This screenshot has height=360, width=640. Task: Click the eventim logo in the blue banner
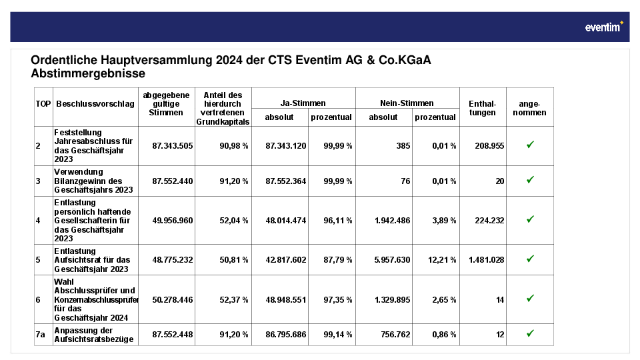[604, 27]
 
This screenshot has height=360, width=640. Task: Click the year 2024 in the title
[229, 60]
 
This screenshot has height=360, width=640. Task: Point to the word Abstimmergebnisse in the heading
[88, 73]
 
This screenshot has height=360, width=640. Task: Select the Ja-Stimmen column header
[303, 103]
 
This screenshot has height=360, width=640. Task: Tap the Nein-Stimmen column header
[407, 103]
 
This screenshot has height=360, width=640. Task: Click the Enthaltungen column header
[483, 108]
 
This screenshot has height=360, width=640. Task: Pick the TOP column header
[43, 104]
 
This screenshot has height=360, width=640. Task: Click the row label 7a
[40, 334]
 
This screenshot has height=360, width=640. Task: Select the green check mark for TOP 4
[530, 219]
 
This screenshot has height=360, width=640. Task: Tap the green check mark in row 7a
[530, 333]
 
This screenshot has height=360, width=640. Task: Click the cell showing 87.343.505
[172, 146]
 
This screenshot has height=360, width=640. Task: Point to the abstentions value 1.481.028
[487, 259]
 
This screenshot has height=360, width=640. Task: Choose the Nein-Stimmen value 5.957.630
[392, 259]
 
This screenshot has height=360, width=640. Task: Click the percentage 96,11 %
[338, 221]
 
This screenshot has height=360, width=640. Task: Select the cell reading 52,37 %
[234, 299]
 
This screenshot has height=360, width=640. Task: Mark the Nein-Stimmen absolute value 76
[405, 181]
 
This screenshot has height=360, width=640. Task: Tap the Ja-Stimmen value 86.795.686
[286, 334]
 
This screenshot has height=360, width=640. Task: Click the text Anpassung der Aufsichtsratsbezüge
[94, 335]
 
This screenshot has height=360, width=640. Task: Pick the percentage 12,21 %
[442, 259]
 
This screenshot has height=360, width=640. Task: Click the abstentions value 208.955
[489, 146]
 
